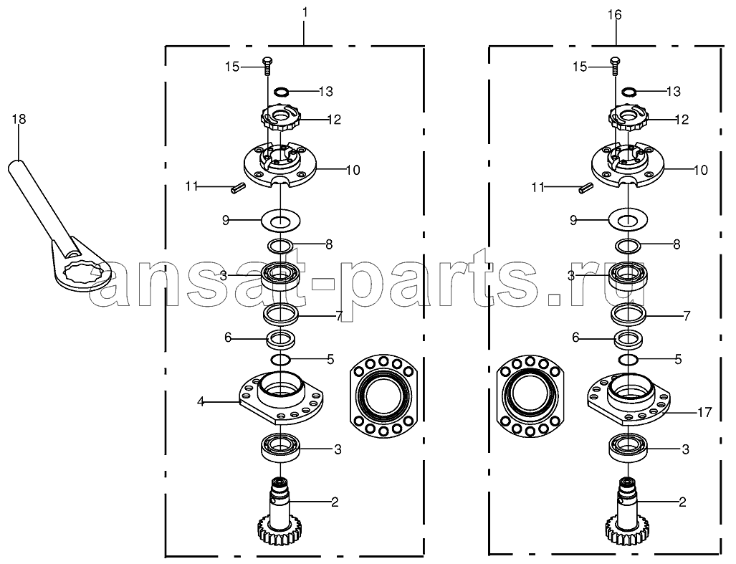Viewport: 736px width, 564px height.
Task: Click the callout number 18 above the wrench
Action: (x=19, y=119)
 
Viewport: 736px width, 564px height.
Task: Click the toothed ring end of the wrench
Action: (x=80, y=274)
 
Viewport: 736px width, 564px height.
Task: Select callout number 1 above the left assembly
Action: (x=305, y=13)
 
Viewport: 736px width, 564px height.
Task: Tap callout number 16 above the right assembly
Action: (x=614, y=15)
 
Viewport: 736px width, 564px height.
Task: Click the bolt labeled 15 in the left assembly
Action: (x=267, y=66)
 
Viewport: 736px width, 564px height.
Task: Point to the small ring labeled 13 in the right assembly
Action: (x=629, y=90)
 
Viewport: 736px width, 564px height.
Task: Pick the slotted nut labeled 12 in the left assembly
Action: (x=281, y=119)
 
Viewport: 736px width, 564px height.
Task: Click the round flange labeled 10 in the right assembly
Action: (x=628, y=165)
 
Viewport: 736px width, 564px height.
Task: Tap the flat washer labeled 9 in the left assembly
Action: (x=281, y=221)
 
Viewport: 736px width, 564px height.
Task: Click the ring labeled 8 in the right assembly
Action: (x=628, y=245)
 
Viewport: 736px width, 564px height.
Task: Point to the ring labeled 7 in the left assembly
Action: (x=281, y=315)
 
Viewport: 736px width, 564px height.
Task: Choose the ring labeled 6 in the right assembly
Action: (x=628, y=339)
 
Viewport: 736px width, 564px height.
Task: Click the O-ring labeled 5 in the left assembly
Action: (x=281, y=360)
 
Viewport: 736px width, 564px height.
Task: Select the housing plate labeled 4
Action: (x=281, y=397)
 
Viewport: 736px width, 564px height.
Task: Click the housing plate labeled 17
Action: (x=629, y=397)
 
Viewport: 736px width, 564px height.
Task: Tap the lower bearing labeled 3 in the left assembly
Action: (x=281, y=449)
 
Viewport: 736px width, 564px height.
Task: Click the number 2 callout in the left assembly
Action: (x=335, y=502)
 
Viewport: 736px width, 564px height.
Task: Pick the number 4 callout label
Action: (x=201, y=401)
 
